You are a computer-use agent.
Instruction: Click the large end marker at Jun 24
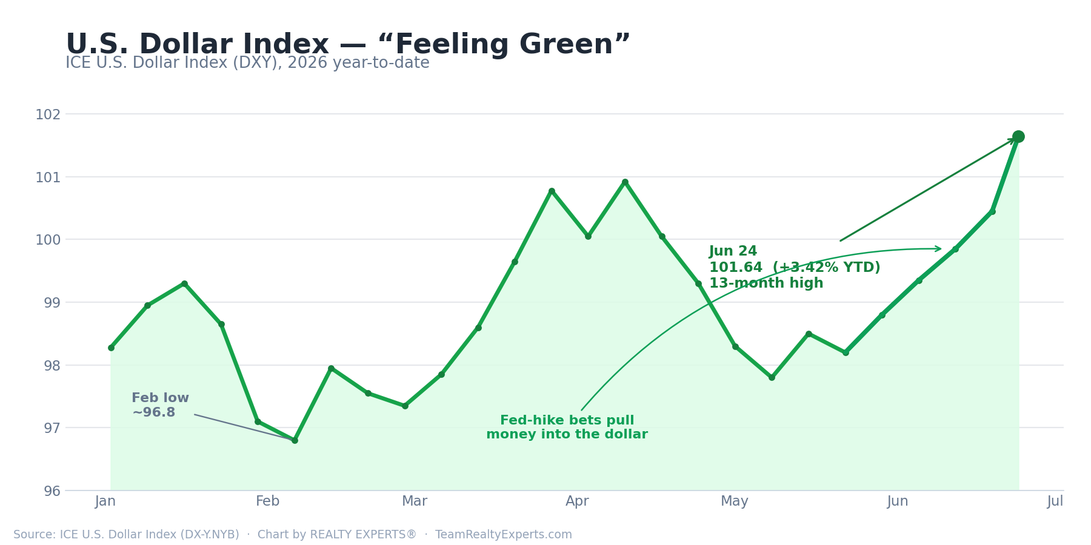(x=1018, y=136)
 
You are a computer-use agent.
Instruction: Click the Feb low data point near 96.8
(x=295, y=440)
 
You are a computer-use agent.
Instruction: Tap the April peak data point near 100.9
(x=625, y=182)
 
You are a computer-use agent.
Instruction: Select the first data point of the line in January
(x=111, y=348)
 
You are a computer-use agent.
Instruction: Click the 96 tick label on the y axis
(x=52, y=491)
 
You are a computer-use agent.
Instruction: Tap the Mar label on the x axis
(x=415, y=501)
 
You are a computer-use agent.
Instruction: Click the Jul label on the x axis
(x=1055, y=501)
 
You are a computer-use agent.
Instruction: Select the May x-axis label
(x=735, y=501)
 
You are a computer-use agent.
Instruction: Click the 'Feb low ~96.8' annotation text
(x=160, y=405)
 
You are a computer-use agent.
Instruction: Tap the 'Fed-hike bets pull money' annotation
(x=567, y=428)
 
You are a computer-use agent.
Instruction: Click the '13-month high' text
(x=766, y=283)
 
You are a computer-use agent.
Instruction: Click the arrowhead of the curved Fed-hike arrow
(x=938, y=248)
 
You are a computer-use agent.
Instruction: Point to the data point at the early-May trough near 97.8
(x=772, y=377)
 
